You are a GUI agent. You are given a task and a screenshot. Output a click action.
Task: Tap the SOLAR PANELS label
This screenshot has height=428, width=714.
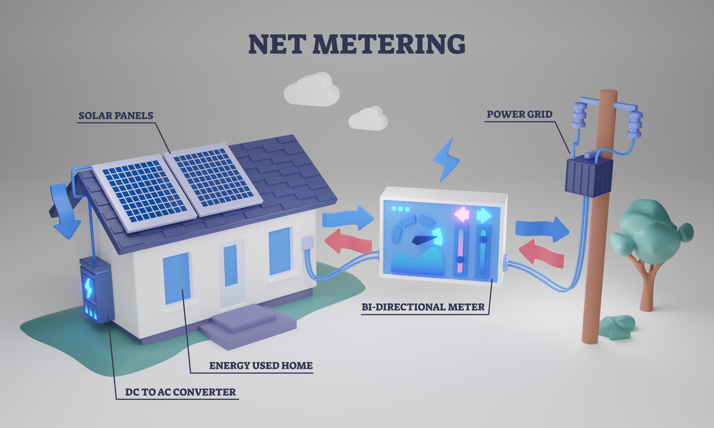pos(116,116)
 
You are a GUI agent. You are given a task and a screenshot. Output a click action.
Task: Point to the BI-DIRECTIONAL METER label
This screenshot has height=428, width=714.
pos(423,307)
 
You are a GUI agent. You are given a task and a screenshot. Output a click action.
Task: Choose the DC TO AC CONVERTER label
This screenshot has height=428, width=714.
pos(180,392)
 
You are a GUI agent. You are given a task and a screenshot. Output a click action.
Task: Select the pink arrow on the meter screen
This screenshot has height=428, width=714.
pos(462,214)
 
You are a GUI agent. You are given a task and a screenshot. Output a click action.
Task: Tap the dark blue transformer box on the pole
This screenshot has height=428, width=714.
pos(589,176)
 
